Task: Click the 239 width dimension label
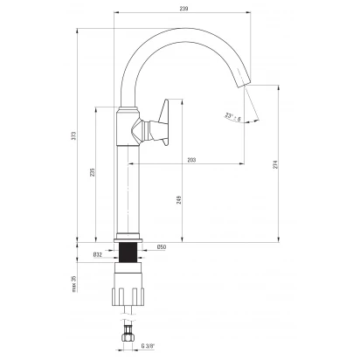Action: coord(183,9)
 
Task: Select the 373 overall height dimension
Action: coord(74,135)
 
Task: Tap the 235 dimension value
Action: coord(92,172)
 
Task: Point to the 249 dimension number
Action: coord(179,199)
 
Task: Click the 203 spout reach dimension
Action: coord(191,160)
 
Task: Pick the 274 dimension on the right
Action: coord(275,164)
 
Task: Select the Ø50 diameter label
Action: coord(162,247)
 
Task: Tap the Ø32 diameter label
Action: coord(98,254)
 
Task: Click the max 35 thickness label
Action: coord(74,283)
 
